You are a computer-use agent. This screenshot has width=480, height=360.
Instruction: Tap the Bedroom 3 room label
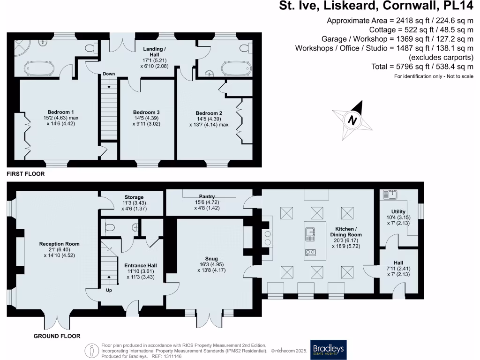coord(146,112)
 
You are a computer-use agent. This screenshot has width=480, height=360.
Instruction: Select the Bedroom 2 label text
coord(209,113)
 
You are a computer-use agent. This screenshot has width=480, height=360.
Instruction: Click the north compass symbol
coord(352,120)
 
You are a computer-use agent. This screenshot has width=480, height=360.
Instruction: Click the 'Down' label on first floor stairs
coord(109,74)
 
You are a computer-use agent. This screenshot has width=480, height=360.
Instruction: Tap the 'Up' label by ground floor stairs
coord(109,290)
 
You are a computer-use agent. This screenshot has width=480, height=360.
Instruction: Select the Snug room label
coord(211,258)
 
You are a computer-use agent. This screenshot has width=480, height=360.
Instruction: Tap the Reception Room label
coord(59,244)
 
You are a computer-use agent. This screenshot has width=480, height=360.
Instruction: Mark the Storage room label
coord(134,197)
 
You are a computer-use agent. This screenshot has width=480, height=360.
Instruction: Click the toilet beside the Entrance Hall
coord(110,228)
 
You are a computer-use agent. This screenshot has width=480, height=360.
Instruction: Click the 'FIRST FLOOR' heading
coord(26,174)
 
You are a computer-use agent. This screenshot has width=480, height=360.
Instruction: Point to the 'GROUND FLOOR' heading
coord(57,336)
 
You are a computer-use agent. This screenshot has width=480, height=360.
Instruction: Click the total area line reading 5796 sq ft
coord(422,67)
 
